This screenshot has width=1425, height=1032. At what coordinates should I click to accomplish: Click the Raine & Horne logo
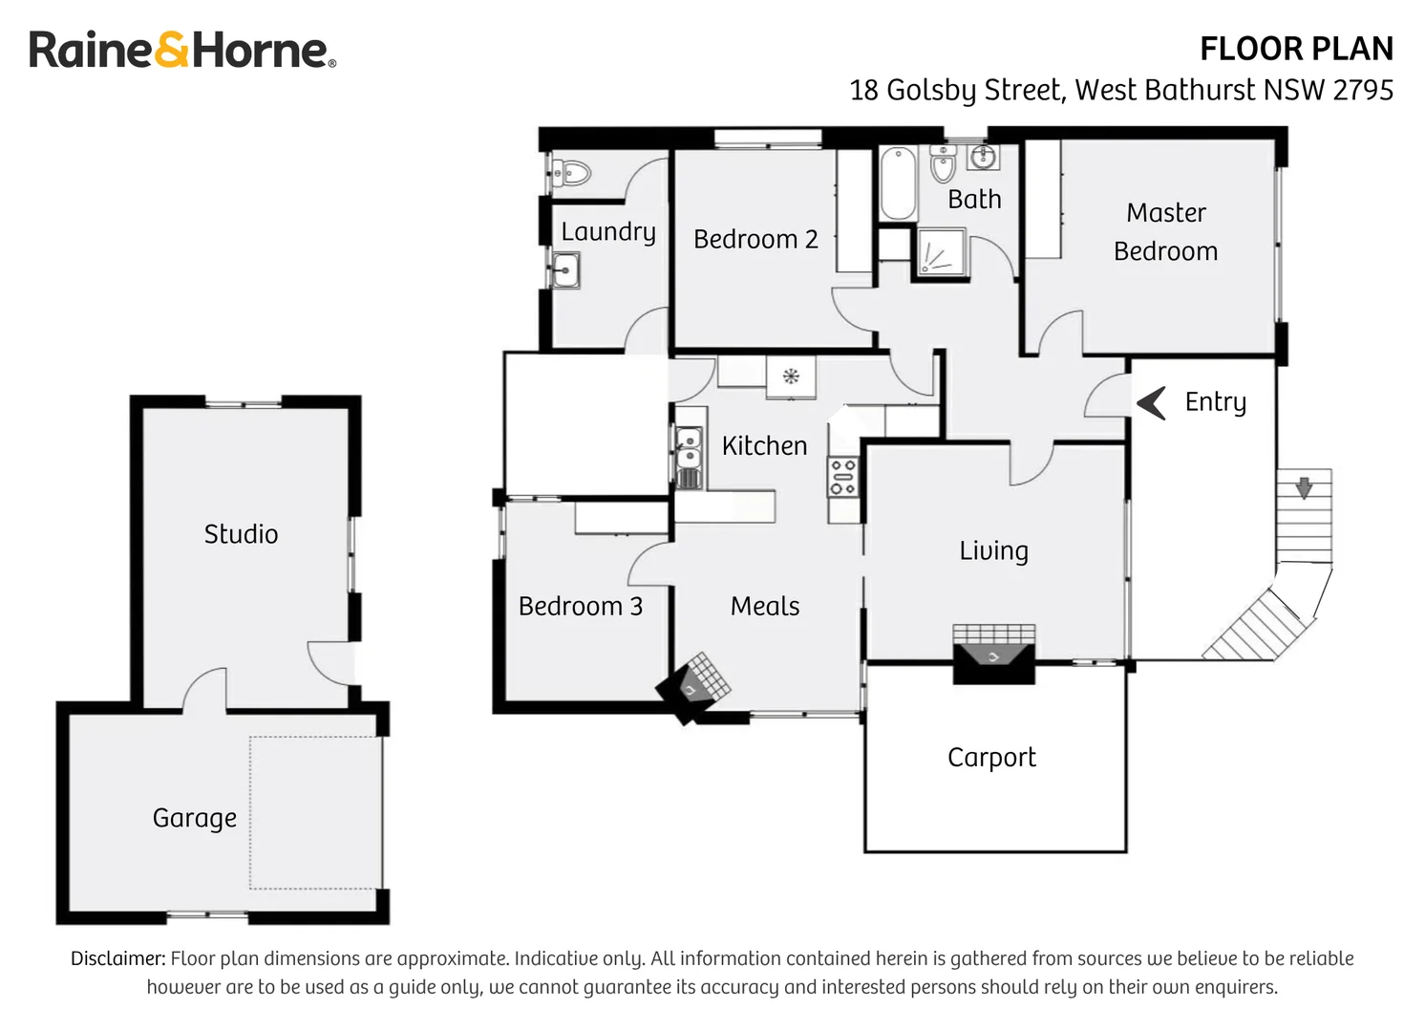[x=181, y=50]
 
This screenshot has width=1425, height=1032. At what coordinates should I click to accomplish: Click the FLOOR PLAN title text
[x=1295, y=49]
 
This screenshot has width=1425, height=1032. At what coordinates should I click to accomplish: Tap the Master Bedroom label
[x=1165, y=232]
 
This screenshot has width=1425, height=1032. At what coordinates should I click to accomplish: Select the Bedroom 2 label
[x=755, y=239]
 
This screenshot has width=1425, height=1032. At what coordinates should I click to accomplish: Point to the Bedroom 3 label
[x=580, y=606]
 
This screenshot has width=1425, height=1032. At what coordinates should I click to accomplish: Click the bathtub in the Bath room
[x=898, y=183]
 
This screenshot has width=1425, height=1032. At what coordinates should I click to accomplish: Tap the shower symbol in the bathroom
[x=942, y=253]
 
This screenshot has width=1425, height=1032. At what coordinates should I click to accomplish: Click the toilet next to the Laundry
[x=571, y=174]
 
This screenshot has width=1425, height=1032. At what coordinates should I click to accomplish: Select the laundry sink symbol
[x=566, y=270]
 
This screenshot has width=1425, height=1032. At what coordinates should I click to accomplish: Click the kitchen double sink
[x=688, y=458]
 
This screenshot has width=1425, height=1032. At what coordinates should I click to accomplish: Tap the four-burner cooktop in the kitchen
[x=842, y=477]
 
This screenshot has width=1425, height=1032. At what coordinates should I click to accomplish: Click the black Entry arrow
[x=1152, y=402]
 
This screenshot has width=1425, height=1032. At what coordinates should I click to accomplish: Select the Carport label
[x=990, y=757]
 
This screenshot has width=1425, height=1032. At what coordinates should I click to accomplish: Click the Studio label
[x=241, y=533]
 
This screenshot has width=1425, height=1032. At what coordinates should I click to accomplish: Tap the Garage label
[x=194, y=818]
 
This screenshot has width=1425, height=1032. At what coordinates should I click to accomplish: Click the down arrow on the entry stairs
[x=1304, y=486]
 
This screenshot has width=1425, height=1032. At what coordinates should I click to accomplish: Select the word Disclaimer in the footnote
[x=117, y=958]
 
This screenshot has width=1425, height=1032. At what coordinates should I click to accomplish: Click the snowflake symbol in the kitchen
[x=791, y=376]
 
